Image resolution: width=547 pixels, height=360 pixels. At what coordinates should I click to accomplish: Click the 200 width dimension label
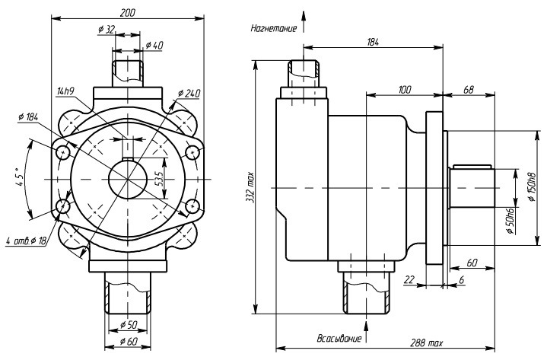point(127,13)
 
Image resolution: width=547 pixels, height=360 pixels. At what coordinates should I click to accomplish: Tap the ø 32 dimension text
point(107,29)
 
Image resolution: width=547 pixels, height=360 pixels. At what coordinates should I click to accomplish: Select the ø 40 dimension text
point(154,46)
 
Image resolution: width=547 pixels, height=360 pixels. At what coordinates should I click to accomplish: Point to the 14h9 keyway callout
point(65,91)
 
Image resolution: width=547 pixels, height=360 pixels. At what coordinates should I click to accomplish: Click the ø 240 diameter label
point(189,94)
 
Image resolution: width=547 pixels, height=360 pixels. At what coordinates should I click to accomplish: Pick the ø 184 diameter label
point(28,117)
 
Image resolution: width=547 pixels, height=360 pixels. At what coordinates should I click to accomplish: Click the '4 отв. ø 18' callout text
point(27,241)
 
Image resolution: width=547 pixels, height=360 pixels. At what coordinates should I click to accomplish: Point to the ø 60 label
point(129,341)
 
